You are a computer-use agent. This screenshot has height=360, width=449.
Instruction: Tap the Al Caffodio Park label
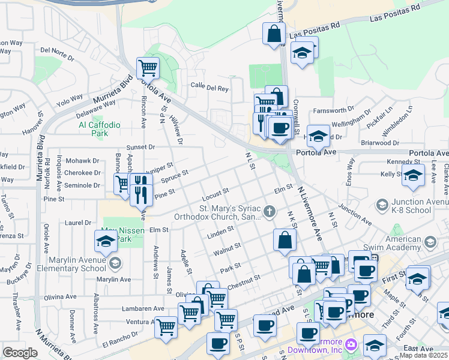tap(100, 129)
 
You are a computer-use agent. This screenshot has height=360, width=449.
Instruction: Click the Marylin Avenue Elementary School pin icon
tap(115, 263)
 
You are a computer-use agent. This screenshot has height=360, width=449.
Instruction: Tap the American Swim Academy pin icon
tap(430, 242)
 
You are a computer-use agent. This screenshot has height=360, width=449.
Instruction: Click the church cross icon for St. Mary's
tap(270, 211)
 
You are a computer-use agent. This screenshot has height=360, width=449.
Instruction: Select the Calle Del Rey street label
tap(209, 88)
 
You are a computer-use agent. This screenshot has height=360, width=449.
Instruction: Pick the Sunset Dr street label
tap(140, 146)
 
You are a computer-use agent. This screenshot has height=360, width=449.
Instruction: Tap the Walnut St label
tap(227, 247)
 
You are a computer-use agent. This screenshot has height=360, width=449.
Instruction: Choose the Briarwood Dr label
tap(380, 143)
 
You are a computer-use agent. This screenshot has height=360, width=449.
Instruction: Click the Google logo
tap(20, 353)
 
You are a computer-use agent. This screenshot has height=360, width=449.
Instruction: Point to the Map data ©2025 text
tap(424, 356)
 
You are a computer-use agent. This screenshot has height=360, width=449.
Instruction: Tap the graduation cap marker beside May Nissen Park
tap(106, 241)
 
